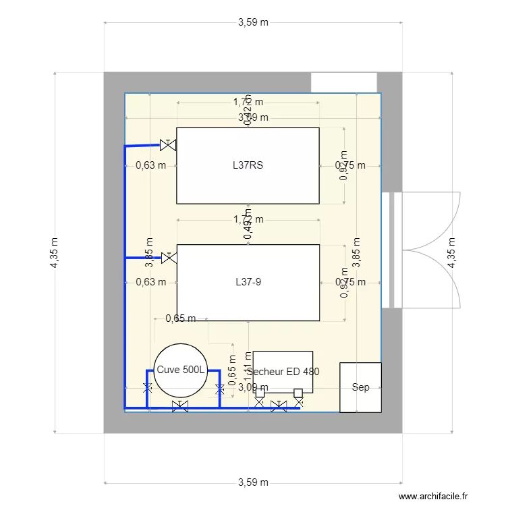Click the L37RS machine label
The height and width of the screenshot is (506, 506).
coord(248,165)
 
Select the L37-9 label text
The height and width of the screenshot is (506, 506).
coord(248,282)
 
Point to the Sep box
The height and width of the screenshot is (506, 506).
coord(360,387)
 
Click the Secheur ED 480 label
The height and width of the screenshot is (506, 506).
coord(283,371)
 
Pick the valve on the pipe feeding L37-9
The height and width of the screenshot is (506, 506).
coord(169,258)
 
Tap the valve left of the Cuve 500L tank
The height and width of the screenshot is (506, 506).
coord(148,389)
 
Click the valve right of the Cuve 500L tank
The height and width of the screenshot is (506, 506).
coord(219,389)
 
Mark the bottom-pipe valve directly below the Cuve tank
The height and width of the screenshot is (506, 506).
coord(180,406)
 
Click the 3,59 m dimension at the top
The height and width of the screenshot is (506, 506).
coord(253,22)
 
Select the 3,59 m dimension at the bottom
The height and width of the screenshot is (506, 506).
coord(253,482)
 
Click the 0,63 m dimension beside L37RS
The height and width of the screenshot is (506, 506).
coord(150,165)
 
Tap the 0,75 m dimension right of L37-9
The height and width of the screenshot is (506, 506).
coord(350,282)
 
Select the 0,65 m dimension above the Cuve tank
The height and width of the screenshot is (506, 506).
coord(180,318)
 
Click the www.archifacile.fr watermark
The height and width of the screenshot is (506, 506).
coord(433,496)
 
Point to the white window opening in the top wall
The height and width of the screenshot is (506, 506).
coord(343,82)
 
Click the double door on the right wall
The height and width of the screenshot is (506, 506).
coord(418,250)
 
